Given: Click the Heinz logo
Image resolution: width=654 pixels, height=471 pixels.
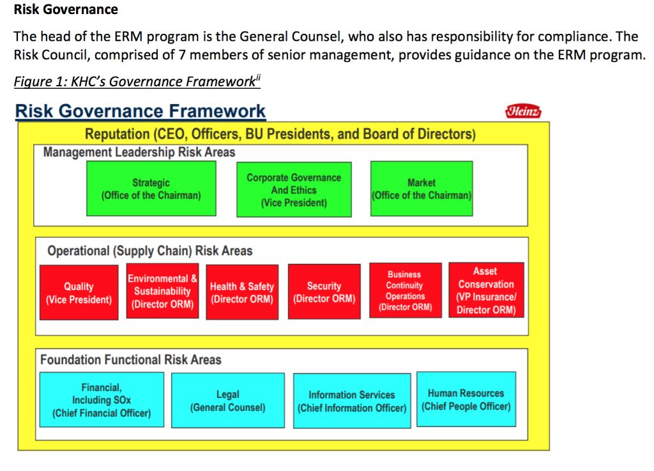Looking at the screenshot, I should [x=523, y=111].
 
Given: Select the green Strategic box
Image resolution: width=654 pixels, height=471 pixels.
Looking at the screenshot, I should [x=151, y=189].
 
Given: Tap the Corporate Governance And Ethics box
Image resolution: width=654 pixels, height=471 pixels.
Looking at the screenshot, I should [x=294, y=190].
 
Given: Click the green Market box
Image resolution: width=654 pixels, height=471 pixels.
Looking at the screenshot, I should [x=422, y=189].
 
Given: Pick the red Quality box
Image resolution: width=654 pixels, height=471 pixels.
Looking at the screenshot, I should [x=79, y=293].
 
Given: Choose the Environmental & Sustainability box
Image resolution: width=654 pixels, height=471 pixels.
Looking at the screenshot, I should [x=162, y=291].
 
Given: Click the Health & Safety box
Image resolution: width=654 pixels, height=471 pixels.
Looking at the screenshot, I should [x=241, y=293].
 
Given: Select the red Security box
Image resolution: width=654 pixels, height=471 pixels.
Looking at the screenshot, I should [x=324, y=292].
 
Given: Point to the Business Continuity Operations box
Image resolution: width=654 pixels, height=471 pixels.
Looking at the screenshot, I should [x=405, y=291].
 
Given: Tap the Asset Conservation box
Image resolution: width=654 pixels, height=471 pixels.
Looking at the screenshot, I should [x=486, y=291].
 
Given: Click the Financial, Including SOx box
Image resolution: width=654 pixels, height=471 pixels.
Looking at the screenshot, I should [x=102, y=400].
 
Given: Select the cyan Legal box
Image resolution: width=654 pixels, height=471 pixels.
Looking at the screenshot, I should [x=228, y=401].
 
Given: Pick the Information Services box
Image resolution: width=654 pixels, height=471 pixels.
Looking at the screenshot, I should [x=352, y=401].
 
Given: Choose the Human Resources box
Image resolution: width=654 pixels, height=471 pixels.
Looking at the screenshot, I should [x=466, y=399].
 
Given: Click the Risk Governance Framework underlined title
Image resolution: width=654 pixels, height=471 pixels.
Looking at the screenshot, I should [x=141, y=111].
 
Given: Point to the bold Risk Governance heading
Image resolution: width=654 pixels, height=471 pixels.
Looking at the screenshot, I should [x=66, y=10].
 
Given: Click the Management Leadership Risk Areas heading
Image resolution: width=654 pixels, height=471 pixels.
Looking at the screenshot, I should [x=139, y=153].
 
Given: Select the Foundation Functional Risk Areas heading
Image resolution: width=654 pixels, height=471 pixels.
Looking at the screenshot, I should [x=131, y=360].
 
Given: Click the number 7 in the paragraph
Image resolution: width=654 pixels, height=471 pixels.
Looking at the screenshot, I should [x=182, y=55].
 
